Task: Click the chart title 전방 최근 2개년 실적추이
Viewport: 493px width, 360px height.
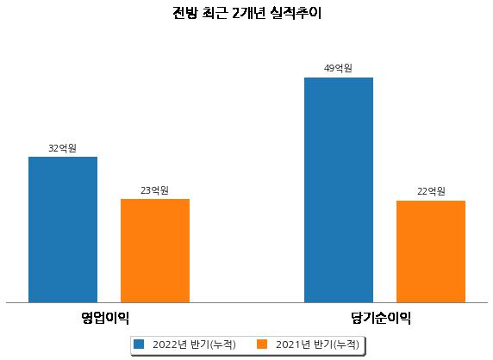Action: point(246,13)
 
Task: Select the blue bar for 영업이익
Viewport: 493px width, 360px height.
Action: point(63,230)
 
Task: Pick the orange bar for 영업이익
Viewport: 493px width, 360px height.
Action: point(155,251)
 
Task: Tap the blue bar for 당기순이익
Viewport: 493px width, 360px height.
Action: point(339,190)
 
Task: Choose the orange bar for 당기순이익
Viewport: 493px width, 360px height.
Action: point(431,251)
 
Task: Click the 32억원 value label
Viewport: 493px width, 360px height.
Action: point(63,148)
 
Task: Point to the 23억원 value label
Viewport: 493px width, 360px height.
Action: point(154,190)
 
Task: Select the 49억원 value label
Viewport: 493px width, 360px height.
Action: point(339,68)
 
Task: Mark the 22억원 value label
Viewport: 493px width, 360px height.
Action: point(431,191)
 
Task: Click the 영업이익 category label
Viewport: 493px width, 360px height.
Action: point(105,318)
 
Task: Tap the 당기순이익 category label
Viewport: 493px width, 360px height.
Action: point(381,318)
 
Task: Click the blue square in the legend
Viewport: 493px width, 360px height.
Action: point(139,344)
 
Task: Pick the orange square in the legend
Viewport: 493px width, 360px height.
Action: point(262,344)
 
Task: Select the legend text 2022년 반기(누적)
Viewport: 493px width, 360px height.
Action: point(194,344)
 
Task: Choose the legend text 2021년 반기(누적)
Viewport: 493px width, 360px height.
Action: point(317,344)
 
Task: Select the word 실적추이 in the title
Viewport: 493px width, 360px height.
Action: point(296,13)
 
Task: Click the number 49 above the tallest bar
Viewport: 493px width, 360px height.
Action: point(329,68)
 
